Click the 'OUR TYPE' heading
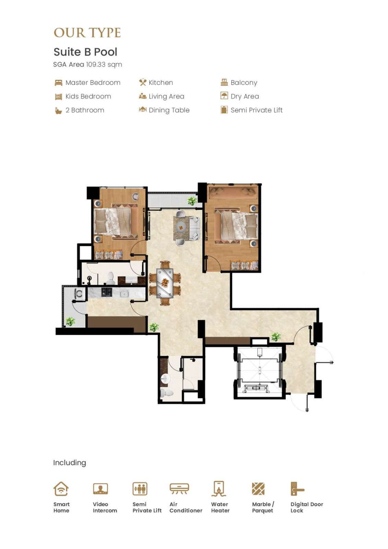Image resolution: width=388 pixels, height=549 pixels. [87, 33]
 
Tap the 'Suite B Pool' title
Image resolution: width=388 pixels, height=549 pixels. [85, 52]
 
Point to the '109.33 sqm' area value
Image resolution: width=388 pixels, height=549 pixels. [104, 65]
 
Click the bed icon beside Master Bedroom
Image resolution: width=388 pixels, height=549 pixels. [58, 83]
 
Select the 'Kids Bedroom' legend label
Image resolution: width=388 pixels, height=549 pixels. [88, 96]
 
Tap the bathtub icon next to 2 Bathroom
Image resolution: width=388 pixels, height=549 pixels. [58, 111]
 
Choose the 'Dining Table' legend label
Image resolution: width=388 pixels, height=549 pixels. [169, 110]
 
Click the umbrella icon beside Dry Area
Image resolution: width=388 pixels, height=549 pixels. [224, 96]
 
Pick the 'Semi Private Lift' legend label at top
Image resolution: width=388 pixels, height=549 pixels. [257, 110]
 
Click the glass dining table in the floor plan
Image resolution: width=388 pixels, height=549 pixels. [165, 283]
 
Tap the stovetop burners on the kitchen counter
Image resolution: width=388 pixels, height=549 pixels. [107, 292]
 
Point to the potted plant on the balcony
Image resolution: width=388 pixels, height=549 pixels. [192, 201]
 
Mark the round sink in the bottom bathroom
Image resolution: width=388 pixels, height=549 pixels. [165, 378]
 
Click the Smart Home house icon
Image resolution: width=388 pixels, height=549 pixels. [61, 489]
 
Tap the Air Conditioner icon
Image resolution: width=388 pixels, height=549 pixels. [179, 489]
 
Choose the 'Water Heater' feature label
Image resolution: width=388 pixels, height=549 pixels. [220, 507]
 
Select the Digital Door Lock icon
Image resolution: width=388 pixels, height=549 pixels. [297, 489]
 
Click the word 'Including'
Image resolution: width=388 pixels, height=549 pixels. [70, 463]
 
